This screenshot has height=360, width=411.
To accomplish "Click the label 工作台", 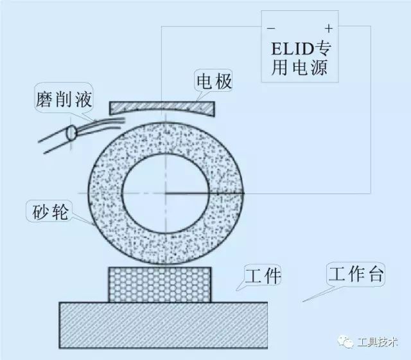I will [355, 274].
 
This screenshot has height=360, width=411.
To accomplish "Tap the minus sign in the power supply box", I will [270, 29].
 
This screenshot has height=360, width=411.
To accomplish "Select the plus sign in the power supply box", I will [328, 28].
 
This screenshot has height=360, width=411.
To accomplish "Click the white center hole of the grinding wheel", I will [165, 193].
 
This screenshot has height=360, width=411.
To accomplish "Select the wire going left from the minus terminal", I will [212, 26].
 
